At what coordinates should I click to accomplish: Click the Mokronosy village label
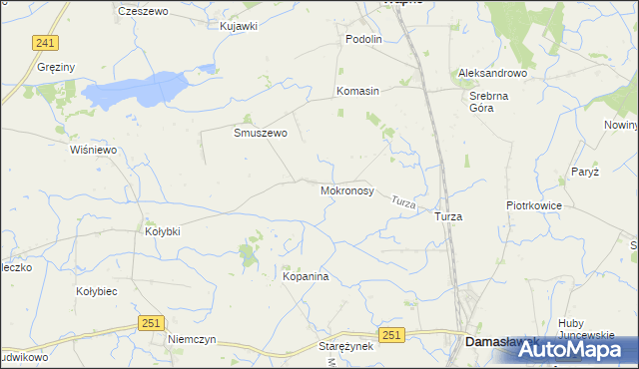click(x=347, y=189)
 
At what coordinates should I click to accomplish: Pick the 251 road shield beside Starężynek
click(x=391, y=338)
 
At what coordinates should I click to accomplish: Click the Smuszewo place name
click(x=261, y=133)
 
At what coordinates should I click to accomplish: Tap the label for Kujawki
click(x=239, y=26)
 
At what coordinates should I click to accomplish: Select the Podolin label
click(x=363, y=39)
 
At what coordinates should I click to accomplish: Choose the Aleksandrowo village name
click(x=492, y=74)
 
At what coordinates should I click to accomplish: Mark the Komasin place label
click(x=358, y=91)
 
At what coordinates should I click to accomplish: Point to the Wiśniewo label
click(x=94, y=150)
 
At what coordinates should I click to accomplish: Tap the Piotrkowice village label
click(x=534, y=205)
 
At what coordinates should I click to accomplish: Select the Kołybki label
click(x=163, y=231)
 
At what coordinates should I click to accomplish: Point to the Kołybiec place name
click(x=98, y=291)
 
